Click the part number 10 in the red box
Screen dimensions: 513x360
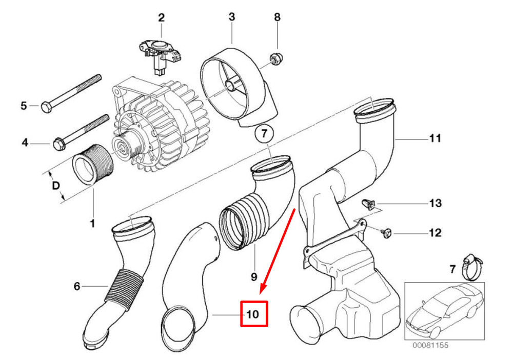tap(252, 314)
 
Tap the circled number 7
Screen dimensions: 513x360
tap(264, 133)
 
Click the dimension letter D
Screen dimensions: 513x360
tap(56, 186)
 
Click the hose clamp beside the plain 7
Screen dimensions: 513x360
tap(472, 268)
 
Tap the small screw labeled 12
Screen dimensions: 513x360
tap(386, 233)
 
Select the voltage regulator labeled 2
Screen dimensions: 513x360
tap(160, 55)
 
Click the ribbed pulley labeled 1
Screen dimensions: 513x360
tap(93, 165)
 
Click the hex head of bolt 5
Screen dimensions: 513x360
tap(46, 107)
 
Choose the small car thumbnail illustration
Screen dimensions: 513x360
tap(444, 311)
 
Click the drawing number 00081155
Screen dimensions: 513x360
tap(430, 345)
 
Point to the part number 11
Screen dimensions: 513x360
tap(435, 138)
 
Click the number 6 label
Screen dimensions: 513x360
tap(77, 287)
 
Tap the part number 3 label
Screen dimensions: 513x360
tap(232, 17)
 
